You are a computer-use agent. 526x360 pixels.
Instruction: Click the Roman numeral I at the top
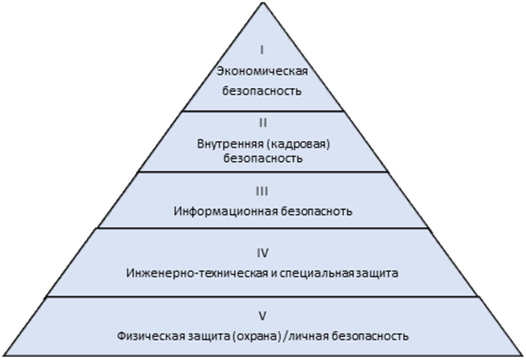[262, 50]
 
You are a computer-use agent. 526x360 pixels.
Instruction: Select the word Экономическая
[262, 71]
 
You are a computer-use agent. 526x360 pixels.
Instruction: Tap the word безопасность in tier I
[262, 91]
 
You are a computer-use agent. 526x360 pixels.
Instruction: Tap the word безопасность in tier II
[263, 158]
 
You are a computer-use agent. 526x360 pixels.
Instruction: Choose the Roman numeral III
[262, 191]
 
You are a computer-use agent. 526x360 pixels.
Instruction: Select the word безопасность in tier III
[318, 211]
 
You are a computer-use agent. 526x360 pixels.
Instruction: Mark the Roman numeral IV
[262, 253]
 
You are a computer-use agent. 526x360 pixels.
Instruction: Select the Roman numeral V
[262, 316]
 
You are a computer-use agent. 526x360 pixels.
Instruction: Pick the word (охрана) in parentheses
[246, 336]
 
